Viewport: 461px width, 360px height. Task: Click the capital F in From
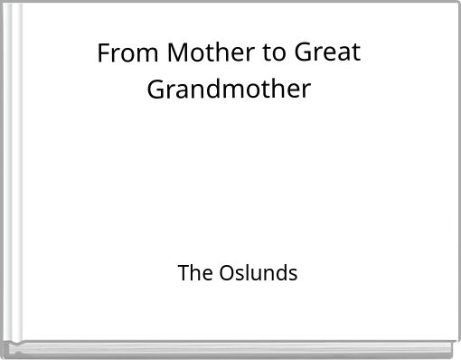point(104,53)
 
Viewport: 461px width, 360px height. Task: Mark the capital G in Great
point(304,53)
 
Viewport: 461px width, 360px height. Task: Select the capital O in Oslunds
point(227,271)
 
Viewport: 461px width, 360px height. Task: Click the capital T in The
point(183,271)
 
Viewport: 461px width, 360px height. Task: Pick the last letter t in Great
point(356,53)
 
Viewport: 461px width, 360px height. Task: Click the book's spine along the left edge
point(11,181)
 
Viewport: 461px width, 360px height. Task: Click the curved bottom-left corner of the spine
point(7,347)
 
